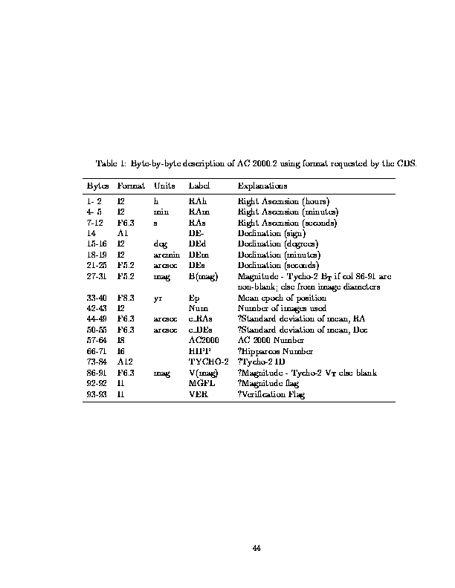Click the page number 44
coord(256,548)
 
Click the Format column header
coord(131,185)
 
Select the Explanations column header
coord(262,185)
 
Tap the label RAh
coord(198,201)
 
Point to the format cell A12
coord(124,362)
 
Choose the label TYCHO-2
coord(208,362)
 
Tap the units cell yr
coord(158,298)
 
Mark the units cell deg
coord(160,244)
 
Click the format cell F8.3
coord(125,298)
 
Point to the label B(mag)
coord(203,276)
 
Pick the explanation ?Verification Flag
coord(271,393)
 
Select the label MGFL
coord(201,383)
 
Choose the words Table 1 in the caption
coord(112,163)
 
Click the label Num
coord(199,308)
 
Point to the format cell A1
coord(123,233)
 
